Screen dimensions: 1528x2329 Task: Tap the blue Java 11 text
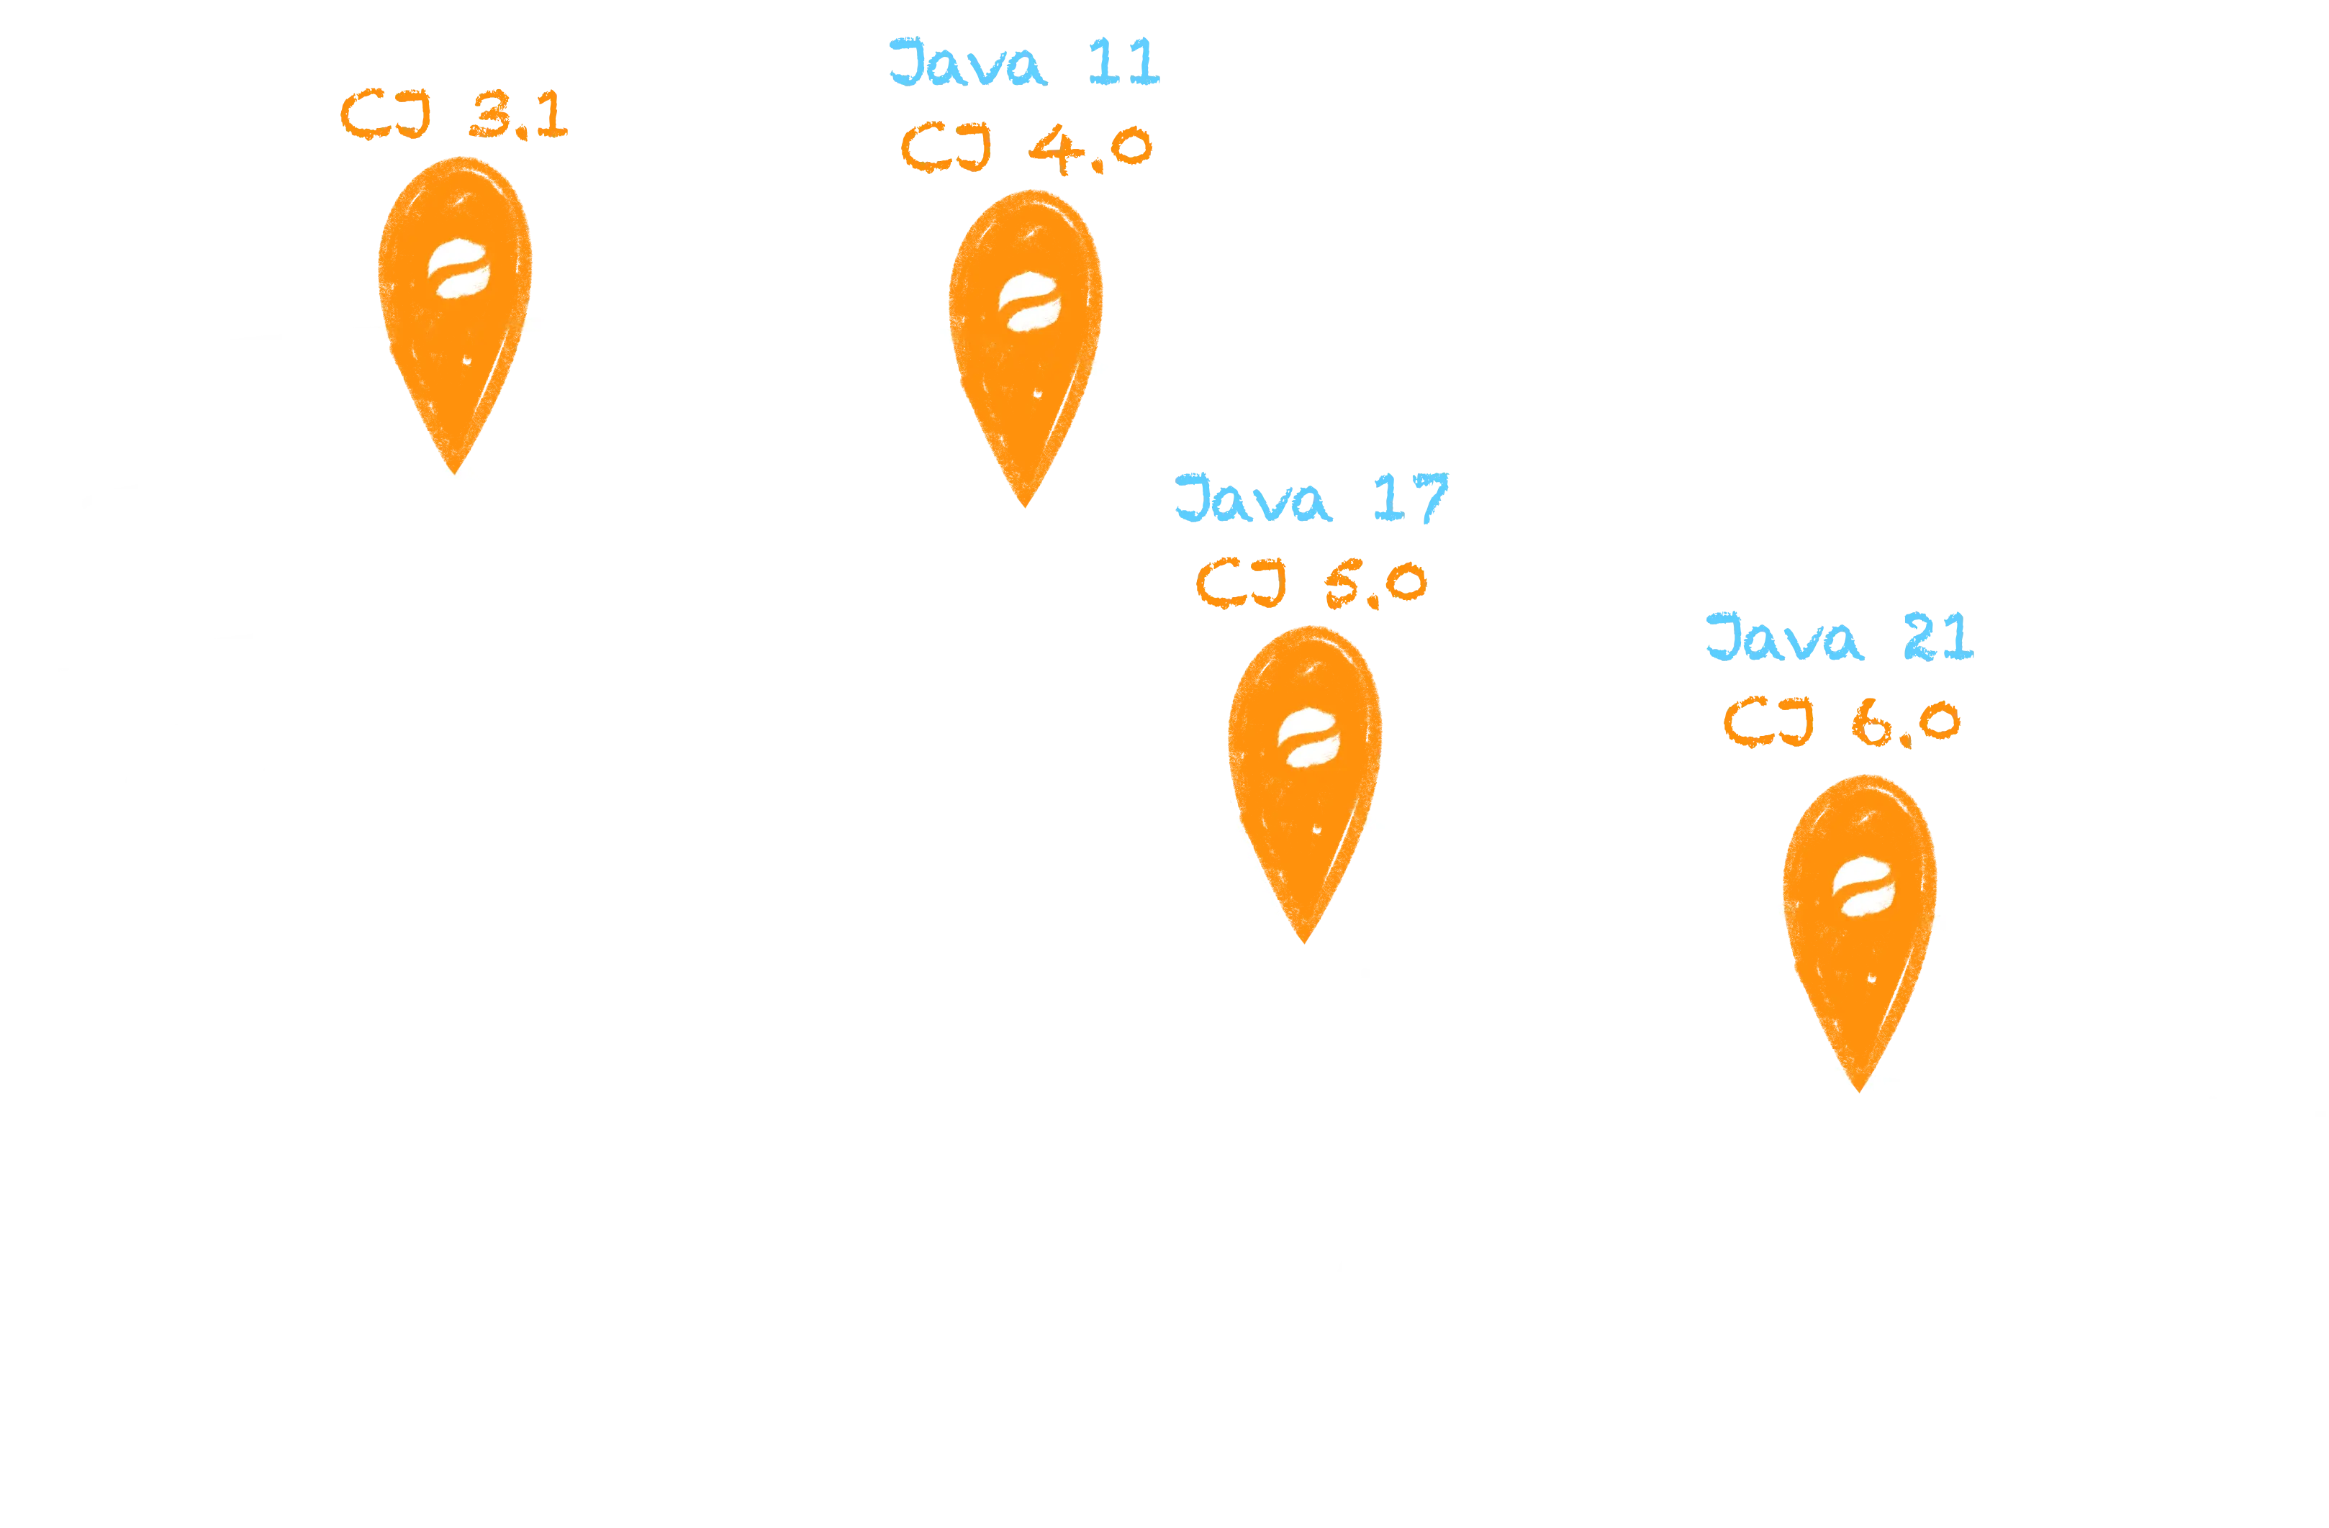1023,62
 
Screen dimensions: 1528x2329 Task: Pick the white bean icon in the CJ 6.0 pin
1862,887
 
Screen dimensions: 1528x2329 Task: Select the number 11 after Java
1123,62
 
